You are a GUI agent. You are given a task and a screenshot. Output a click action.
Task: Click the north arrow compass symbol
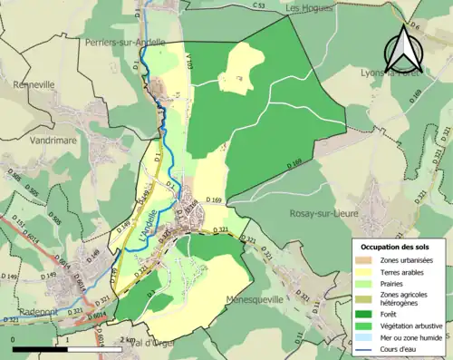click(x=405, y=50)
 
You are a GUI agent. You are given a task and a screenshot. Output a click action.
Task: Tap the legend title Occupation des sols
click(x=395, y=246)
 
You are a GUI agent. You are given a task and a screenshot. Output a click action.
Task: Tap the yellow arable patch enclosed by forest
click(x=237, y=69)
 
